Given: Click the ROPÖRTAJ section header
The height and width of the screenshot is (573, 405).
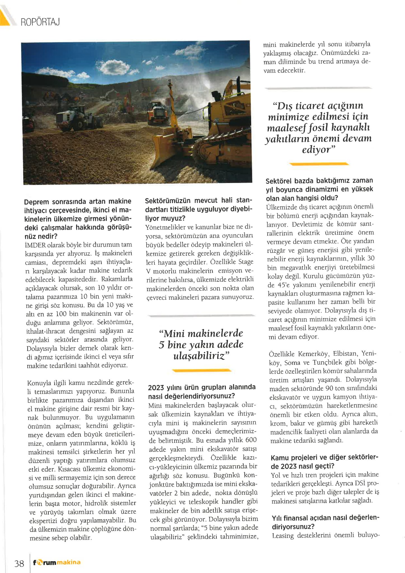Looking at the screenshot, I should [x=40, y=22].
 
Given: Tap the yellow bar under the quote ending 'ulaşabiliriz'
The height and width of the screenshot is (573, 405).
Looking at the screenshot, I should [x=202, y=371].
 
